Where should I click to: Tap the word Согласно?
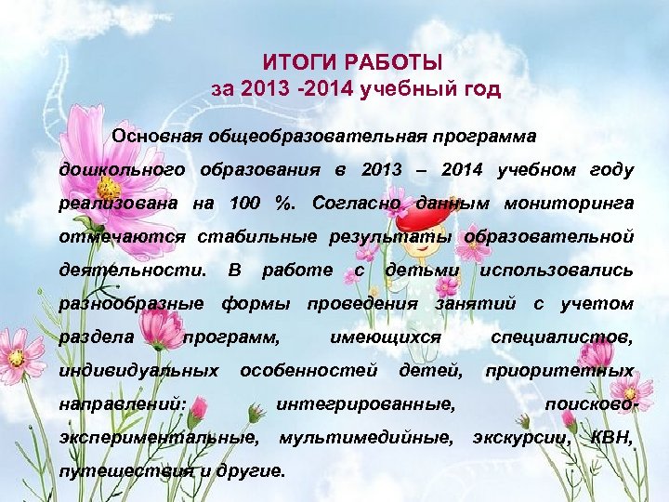point(356,203)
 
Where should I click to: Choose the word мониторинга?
point(569,203)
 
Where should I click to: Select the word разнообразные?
point(131,303)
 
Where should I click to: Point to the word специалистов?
point(562,337)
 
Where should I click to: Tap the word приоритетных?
point(559,371)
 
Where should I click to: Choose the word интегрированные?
point(366,404)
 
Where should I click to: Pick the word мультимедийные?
point(366,437)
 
